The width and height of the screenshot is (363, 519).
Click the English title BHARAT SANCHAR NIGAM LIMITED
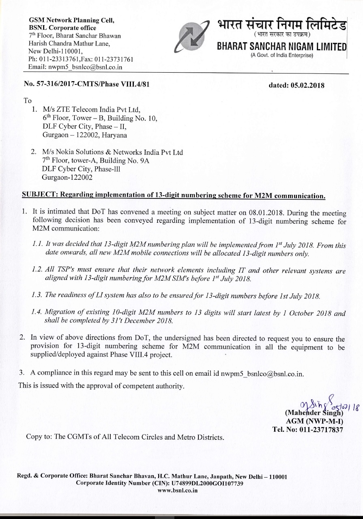pos(281,46)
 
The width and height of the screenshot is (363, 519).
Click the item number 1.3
pos(37,295)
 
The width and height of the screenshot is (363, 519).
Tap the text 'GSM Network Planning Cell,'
pos(71,20)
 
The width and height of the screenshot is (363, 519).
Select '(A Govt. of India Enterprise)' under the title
pos(282,55)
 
